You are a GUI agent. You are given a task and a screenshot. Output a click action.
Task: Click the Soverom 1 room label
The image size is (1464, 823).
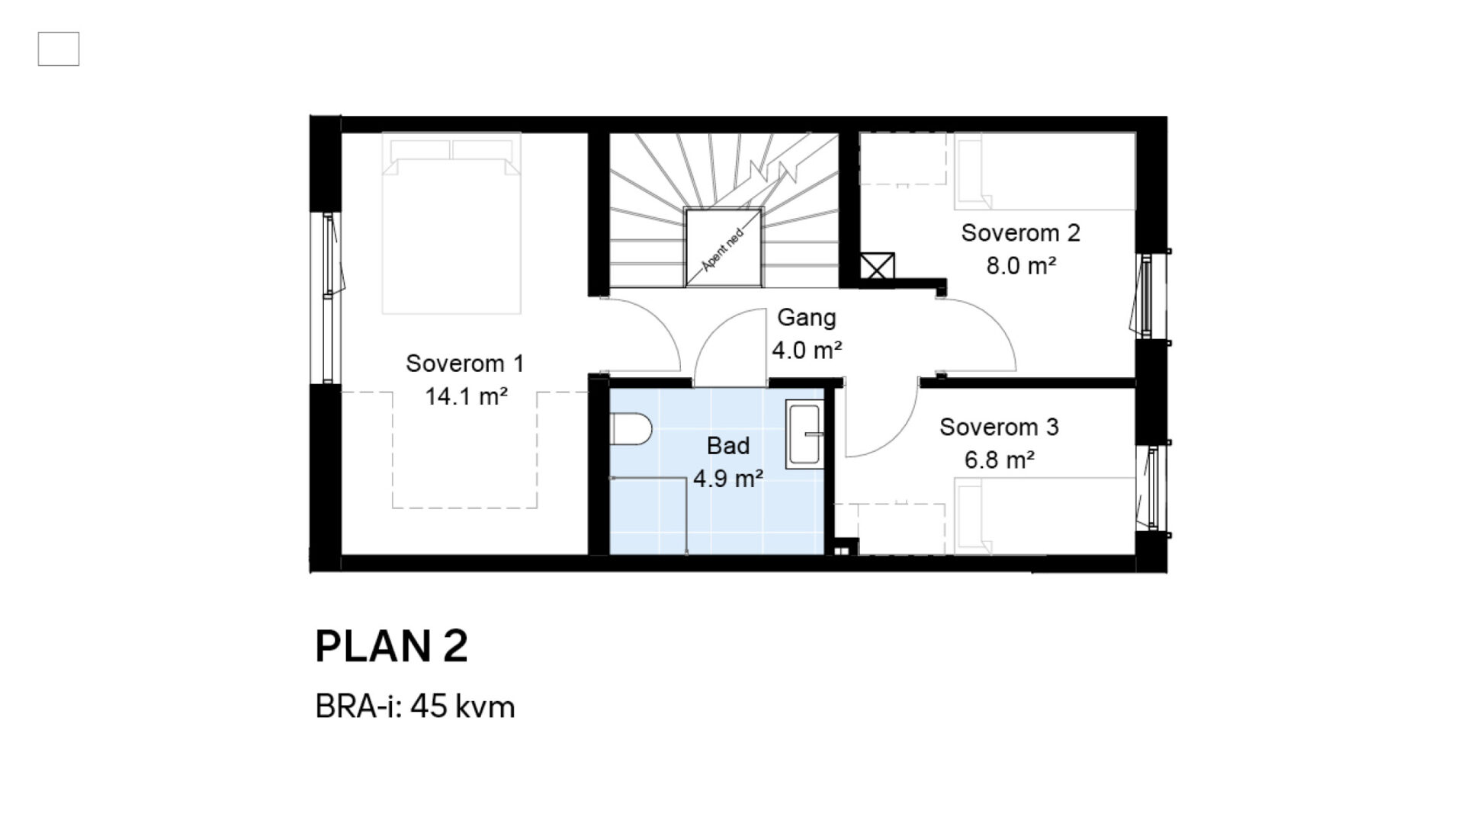(465, 363)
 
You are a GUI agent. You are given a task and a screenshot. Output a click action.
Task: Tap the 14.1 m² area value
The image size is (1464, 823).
(467, 397)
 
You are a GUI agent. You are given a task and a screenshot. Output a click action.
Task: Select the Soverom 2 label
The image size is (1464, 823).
(1020, 233)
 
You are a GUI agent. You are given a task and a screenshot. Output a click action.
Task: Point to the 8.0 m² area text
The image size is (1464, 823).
(1021, 266)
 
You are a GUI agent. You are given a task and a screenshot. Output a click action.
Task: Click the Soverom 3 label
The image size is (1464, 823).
(999, 428)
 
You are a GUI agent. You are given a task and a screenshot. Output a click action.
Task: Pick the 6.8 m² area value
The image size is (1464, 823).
(1000, 460)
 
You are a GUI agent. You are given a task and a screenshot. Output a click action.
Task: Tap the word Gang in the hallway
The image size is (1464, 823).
(806, 318)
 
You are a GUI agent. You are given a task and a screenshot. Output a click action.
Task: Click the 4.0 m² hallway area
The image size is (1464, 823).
(807, 351)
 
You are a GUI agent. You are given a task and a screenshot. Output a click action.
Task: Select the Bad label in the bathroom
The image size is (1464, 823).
(728, 446)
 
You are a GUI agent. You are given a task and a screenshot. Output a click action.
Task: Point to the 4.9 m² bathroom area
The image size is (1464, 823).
(728, 479)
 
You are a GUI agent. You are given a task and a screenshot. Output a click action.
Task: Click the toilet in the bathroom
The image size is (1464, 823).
(631, 429)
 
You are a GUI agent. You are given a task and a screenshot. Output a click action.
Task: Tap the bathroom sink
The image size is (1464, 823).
(804, 435)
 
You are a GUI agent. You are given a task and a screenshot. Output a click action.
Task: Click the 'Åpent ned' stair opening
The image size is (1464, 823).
(723, 247)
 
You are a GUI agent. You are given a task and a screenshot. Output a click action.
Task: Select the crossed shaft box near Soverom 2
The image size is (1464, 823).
(877, 266)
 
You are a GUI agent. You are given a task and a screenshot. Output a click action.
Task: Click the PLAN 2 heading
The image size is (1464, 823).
(391, 647)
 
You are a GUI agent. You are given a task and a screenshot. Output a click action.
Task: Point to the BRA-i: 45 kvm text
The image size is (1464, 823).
(415, 707)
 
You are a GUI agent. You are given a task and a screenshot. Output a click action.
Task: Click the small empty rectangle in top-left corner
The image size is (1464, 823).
(59, 49)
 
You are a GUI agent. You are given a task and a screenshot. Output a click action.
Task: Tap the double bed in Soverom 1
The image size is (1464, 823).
(451, 223)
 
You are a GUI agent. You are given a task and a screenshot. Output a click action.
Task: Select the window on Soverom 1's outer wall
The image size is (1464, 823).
(329, 297)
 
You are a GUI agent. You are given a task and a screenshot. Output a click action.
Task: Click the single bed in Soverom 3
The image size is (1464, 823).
(1045, 516)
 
